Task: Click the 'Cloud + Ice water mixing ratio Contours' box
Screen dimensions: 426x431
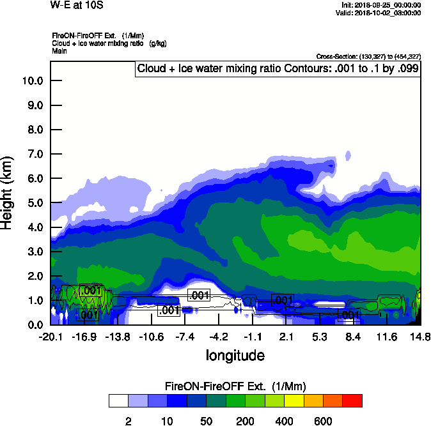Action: (278, 69)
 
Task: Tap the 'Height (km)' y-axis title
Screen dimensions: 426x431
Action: (8, 193)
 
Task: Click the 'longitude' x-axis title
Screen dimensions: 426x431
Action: (235, 354)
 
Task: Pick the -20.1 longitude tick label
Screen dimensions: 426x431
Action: (50, 337)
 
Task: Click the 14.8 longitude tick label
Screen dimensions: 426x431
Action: (419, 337)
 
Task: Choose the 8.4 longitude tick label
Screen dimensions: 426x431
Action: (353, 337)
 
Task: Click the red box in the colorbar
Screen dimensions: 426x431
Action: (352, 401)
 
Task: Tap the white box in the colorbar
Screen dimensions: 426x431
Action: (118, 401)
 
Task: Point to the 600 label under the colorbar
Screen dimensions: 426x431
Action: (323, 421)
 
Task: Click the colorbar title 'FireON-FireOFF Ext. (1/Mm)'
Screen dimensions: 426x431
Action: (235, 386)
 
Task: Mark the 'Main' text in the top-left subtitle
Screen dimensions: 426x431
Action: (59, 50)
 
